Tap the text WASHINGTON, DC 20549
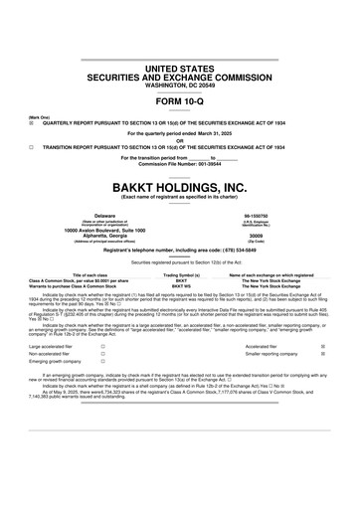[179, 84]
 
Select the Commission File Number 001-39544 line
[179, 163]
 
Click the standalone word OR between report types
[179, 139]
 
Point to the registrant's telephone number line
[179, 252]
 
